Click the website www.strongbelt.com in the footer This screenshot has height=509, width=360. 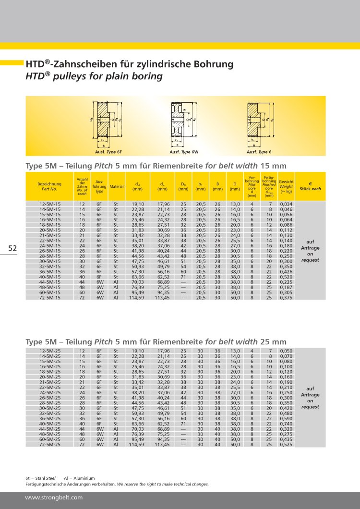54,497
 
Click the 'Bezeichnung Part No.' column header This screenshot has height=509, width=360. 49,186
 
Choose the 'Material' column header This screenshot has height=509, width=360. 116,186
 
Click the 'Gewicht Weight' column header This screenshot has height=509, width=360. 286,186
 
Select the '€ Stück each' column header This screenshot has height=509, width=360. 310,186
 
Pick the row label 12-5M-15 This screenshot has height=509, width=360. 50,204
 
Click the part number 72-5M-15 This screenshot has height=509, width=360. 50,298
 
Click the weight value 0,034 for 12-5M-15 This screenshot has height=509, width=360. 286,204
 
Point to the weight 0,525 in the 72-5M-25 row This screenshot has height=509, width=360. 286,445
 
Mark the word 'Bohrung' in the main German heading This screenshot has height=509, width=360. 210,64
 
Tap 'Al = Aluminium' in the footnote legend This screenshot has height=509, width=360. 79,478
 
